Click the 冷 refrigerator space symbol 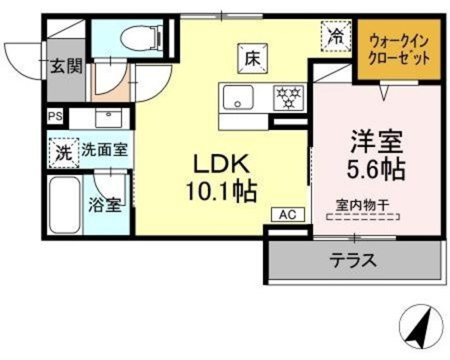point(337,35)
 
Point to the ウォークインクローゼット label point(399,50)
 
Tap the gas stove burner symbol point(288,97)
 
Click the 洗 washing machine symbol point(63,151)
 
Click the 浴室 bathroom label point(107,205)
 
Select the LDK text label point(221,164)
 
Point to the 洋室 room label point(376,141)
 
